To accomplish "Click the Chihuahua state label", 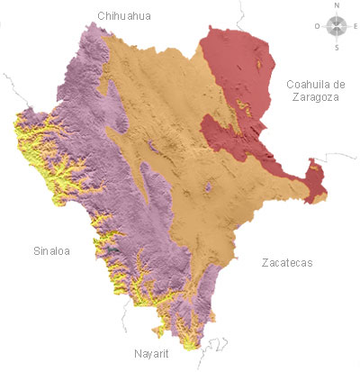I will click(x=126, y=15).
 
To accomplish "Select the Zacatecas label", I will click(x=286, y=263).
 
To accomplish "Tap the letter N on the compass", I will click(x=337, y=5).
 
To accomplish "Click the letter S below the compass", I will click(x=337, y=47).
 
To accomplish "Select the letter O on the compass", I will click(x=317, y=26).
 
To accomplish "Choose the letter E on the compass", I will click(x=356, y=26).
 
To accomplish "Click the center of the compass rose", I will click(x=337, y=26).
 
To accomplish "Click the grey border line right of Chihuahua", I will click(x=241, y=13).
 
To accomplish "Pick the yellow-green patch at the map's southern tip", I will click(x=187, y=342).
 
